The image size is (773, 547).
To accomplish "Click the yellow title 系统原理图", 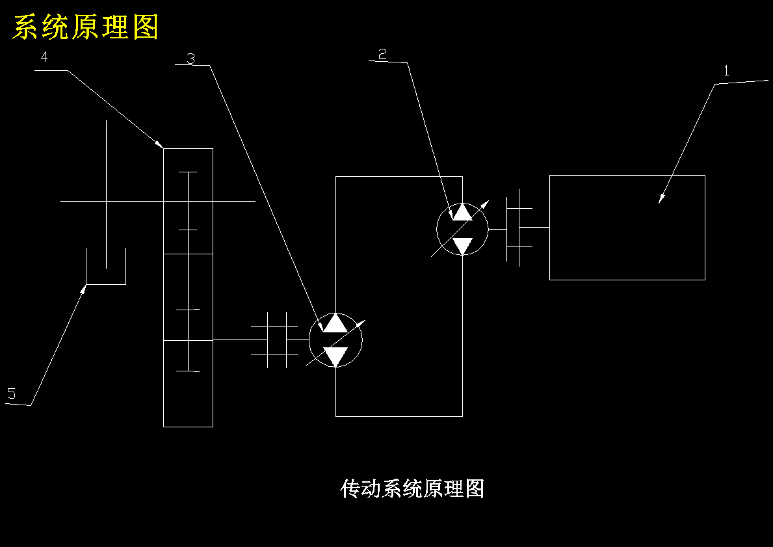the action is click(85, 27).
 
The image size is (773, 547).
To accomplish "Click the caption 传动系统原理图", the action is click(412, 488).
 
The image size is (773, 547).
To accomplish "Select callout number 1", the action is click(726, 71).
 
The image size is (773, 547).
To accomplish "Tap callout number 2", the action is click(382, 54).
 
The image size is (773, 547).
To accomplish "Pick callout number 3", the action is click(190, 59).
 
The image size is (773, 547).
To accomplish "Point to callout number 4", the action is click(44, 57).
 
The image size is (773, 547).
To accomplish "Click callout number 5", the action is click(11, 394).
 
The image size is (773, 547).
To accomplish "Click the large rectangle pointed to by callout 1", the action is click(627, 228).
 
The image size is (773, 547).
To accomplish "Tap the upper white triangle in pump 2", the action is click(462, 212).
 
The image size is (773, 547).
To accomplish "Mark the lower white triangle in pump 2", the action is click(462, 246).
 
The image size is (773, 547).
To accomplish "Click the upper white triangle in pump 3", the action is click(335, 322).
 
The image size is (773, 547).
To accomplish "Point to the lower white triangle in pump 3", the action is click(335, 357).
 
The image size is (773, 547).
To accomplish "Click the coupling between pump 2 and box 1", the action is click(519, 228).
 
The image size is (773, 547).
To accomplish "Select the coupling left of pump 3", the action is click(274, 340).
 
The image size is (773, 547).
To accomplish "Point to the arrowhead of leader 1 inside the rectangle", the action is click(662, 198).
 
